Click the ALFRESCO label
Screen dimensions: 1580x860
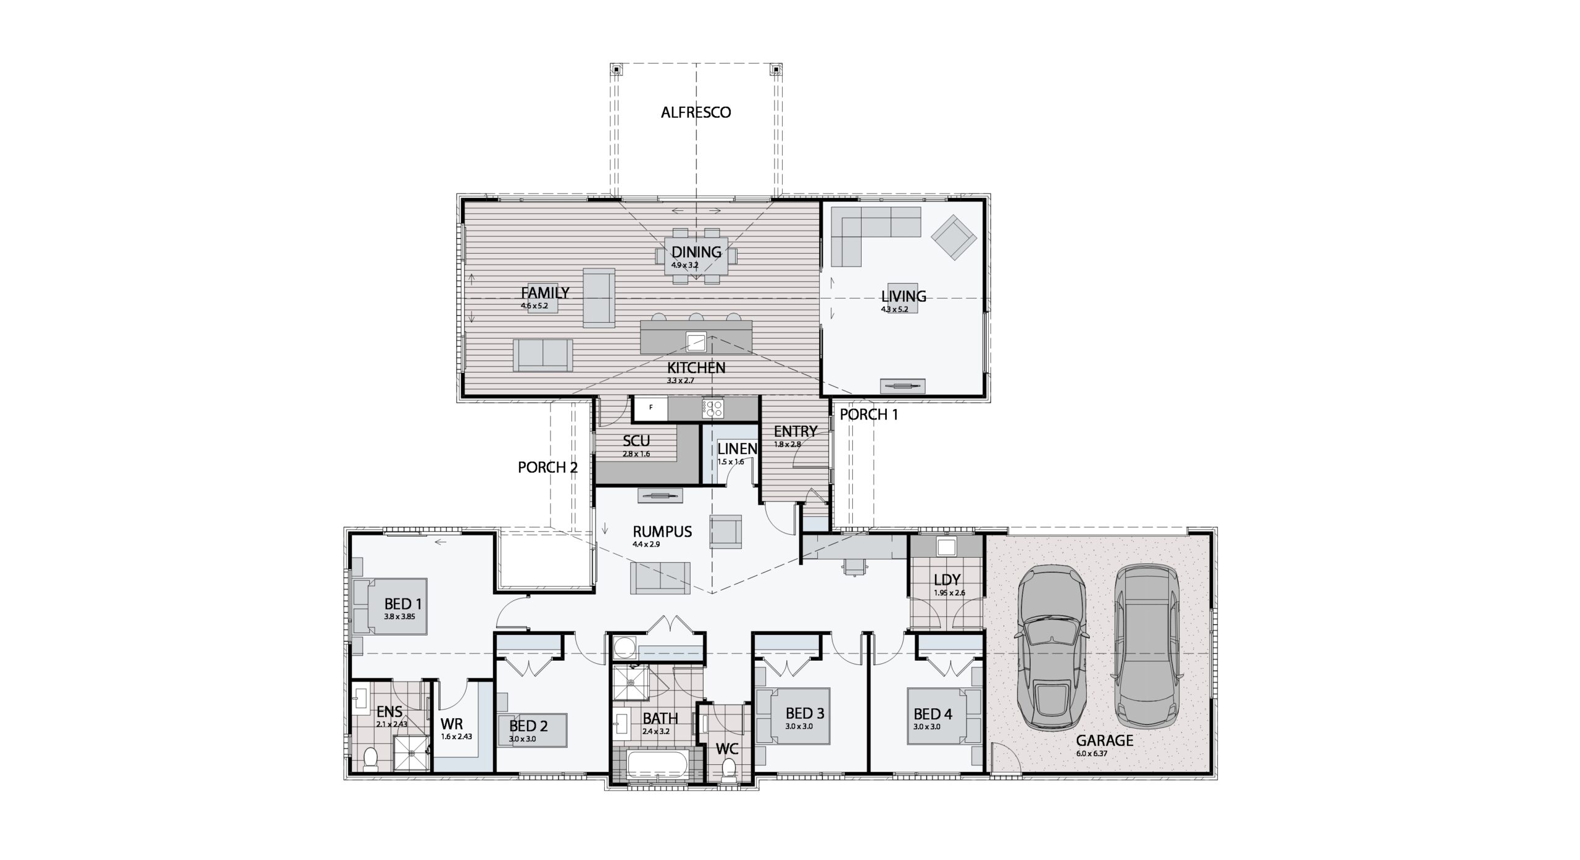[696, 112]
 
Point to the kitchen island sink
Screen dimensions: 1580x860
[696, 341]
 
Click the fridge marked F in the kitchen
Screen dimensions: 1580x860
[651, 407]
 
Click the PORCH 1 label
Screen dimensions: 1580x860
[868, 415]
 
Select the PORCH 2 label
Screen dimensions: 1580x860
[547, 468]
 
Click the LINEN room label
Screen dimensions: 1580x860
[737, 449]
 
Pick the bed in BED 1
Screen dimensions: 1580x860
[391, 606]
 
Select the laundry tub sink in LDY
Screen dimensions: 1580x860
[946, 547]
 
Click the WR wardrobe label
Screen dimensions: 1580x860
[452, 723]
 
